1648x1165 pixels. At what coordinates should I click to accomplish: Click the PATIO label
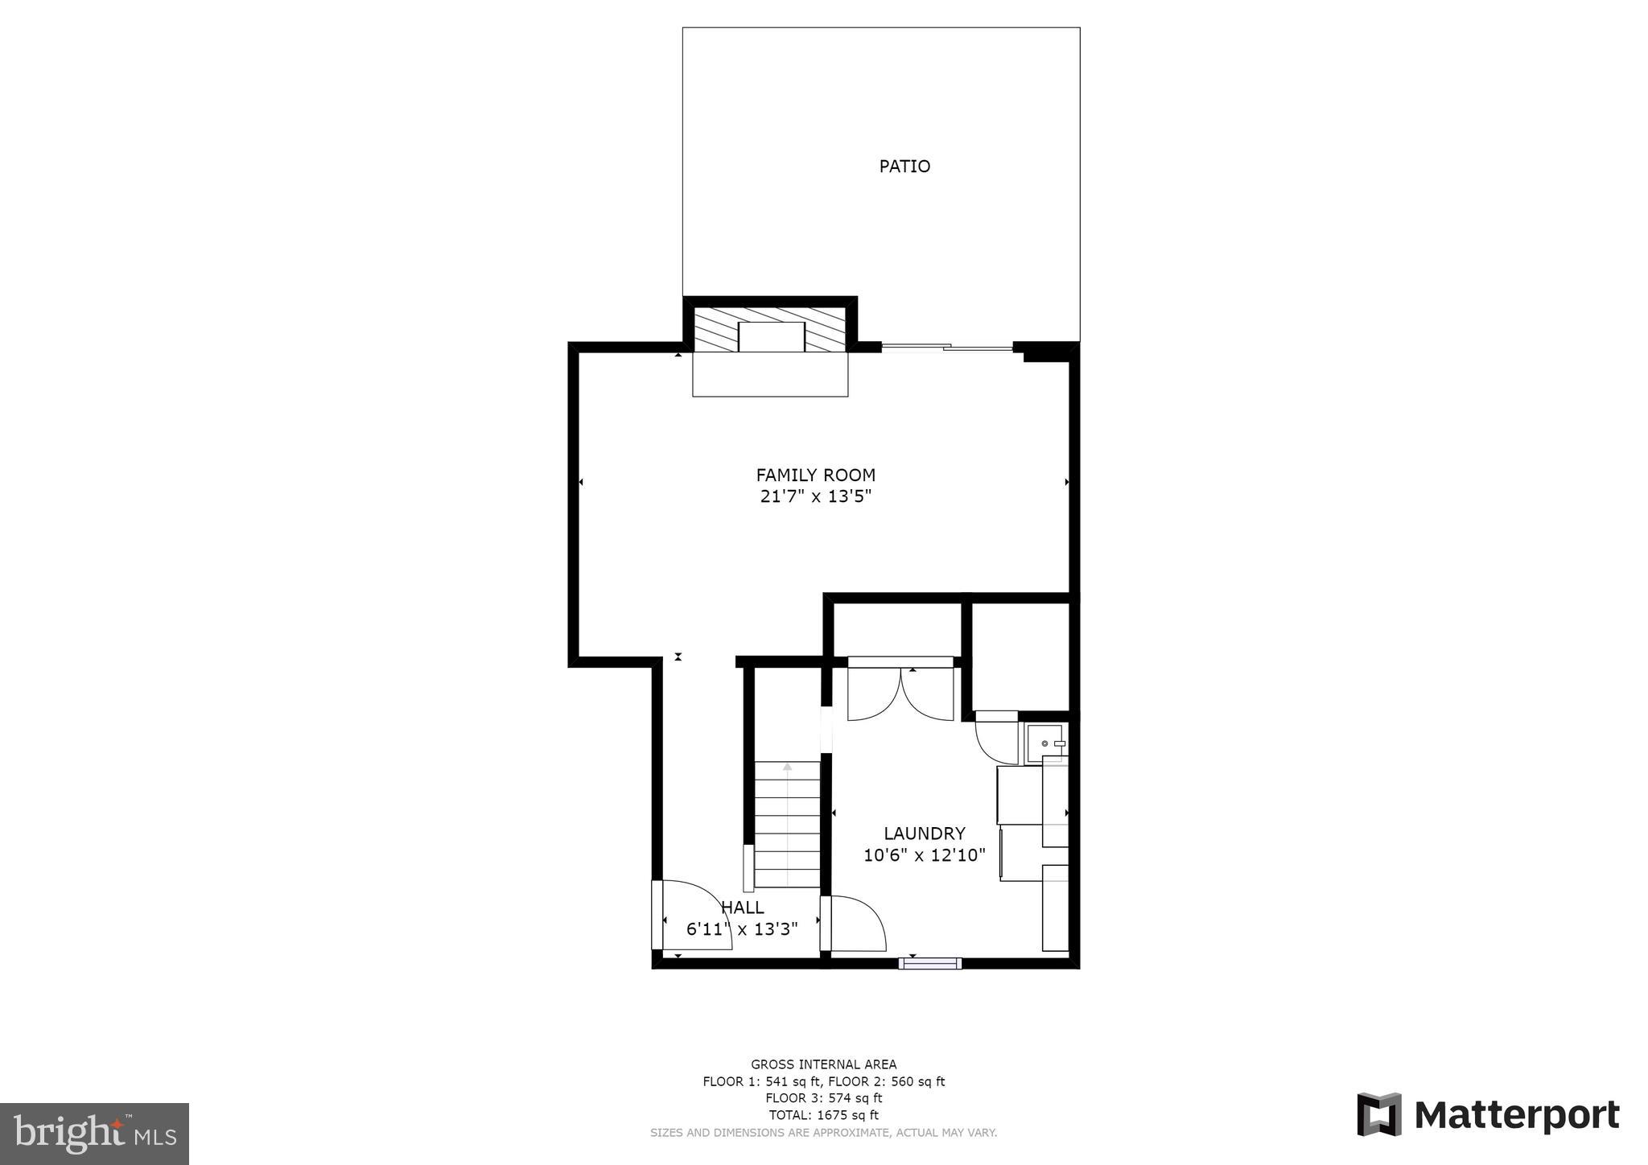[904, 167]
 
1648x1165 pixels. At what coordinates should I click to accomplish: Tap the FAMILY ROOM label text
[815, 475]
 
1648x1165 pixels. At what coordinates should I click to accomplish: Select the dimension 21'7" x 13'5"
[815, 497]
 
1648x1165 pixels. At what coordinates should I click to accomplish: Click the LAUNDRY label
[924, 834]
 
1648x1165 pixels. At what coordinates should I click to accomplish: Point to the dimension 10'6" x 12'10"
[924, 855]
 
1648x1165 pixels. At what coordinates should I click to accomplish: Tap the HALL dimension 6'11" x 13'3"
[741, 930]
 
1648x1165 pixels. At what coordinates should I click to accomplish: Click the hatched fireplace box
[770, 330]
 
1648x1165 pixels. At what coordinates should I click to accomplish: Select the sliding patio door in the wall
[947, 348]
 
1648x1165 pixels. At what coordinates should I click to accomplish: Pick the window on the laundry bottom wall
[929, 963]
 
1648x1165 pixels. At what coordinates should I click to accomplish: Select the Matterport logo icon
[1378, 1114]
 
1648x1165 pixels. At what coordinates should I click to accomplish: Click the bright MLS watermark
[94, 1134]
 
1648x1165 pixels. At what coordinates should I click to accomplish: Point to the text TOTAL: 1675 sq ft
[823, 1115]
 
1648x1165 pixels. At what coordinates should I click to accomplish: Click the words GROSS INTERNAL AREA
[823, 1064]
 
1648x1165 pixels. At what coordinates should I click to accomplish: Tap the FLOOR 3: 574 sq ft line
[823, 1098]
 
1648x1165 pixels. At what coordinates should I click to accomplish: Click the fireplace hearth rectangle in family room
[770, 375]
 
